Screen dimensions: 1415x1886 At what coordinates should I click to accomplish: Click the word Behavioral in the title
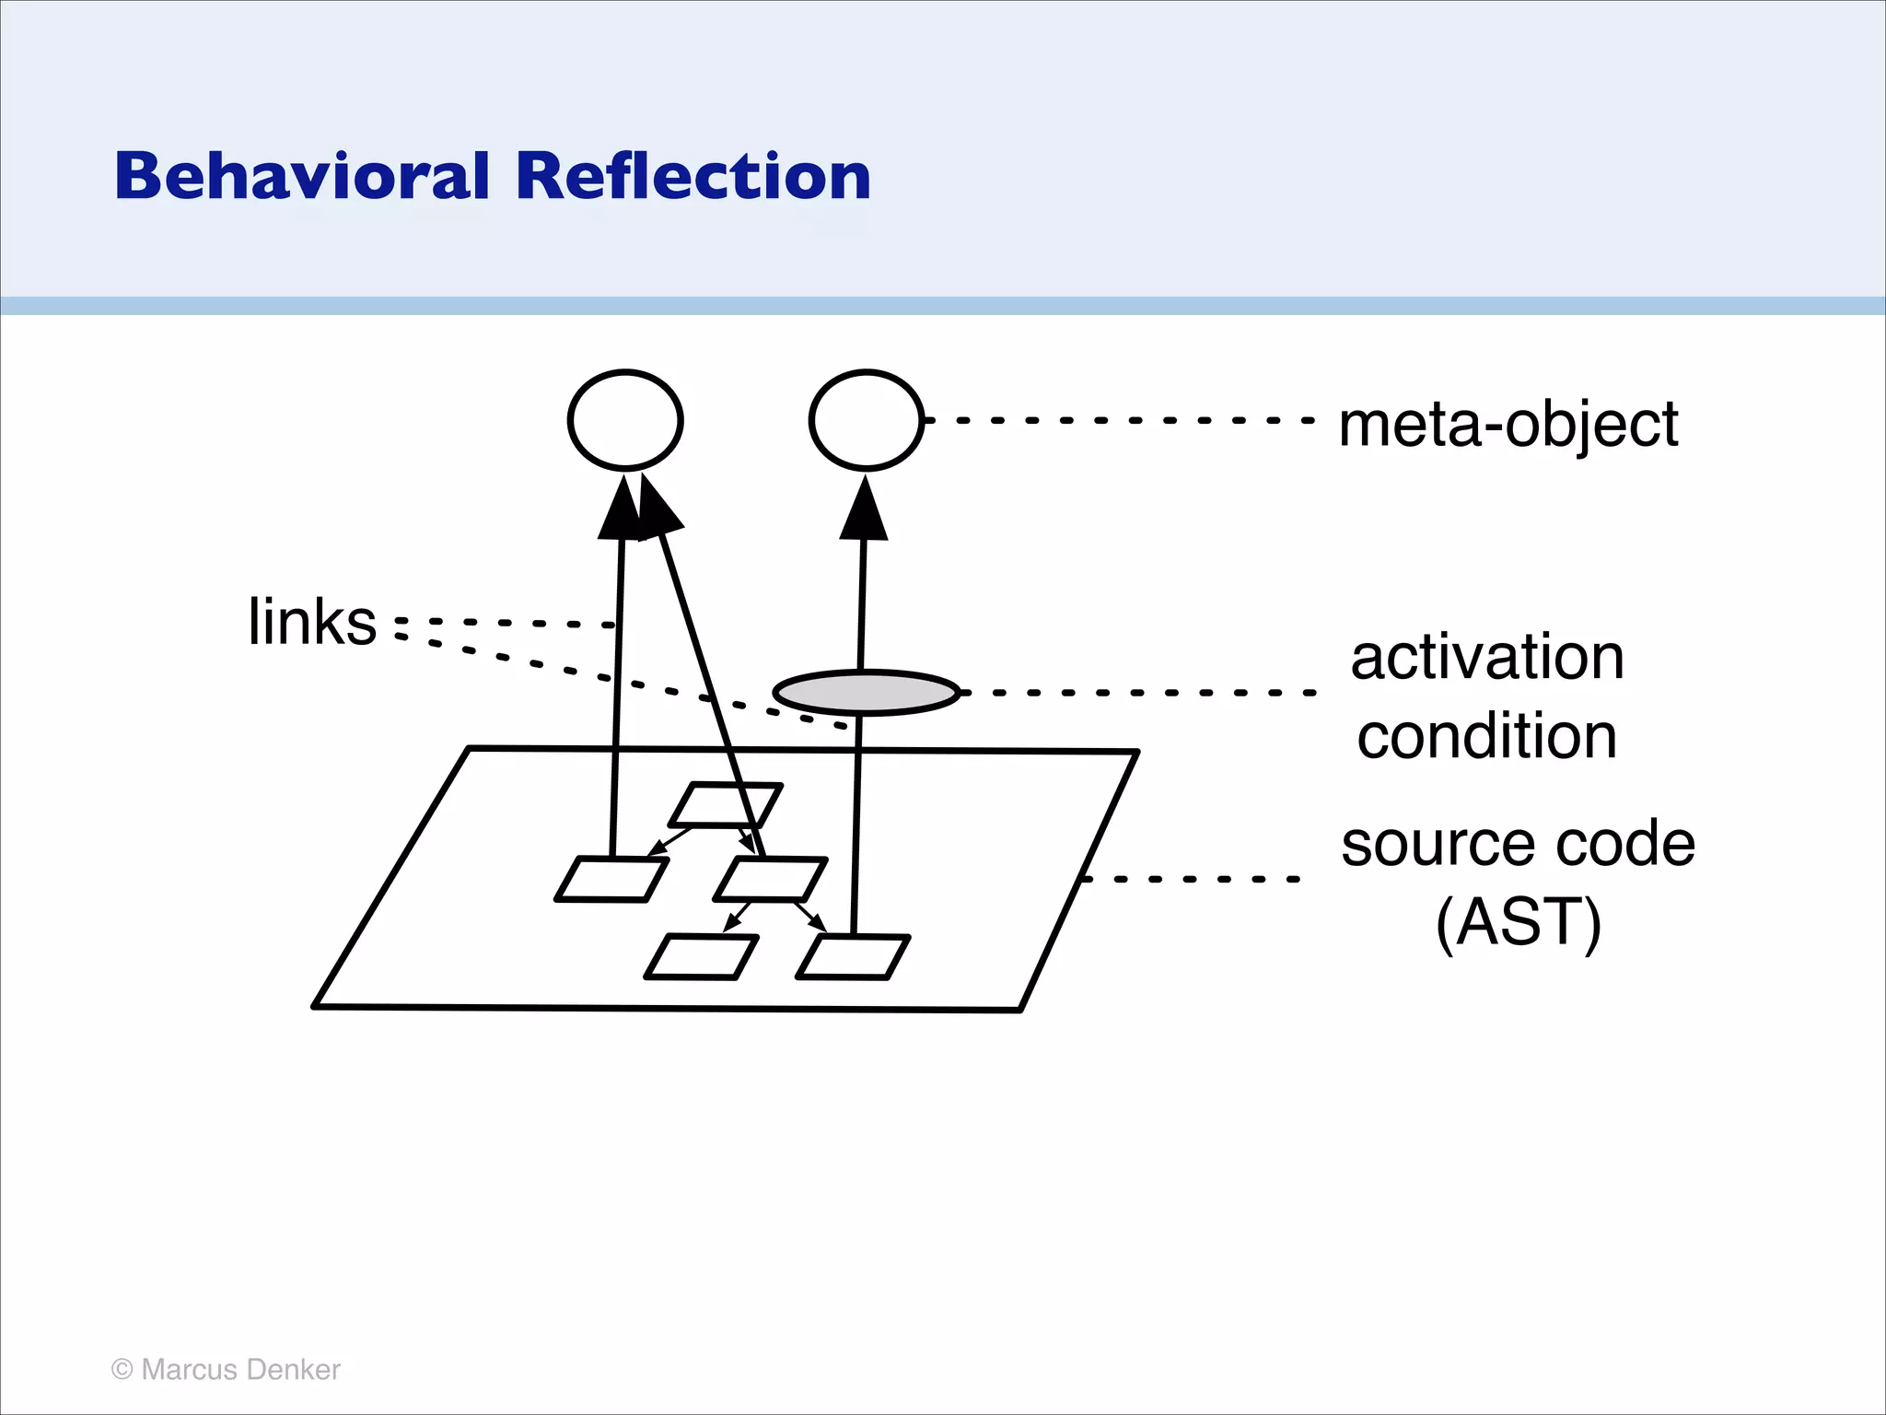[301, 176]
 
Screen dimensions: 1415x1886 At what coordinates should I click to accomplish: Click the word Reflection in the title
[693, 176]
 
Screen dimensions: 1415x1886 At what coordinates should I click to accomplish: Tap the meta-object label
[1508, 425]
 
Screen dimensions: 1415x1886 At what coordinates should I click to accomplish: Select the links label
[312, 622]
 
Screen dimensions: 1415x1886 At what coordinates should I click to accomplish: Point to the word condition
[1486, 736]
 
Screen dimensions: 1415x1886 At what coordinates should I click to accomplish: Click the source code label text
[1518, 844]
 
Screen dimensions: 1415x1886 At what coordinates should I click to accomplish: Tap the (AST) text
[1518, 922]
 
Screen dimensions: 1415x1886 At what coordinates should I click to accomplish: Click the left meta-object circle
[625, 420]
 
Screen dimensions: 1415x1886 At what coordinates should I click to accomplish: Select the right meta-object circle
[866, 420]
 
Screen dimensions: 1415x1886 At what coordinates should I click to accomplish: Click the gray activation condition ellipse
[867, 693]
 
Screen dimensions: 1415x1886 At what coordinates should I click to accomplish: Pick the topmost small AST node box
[726, 805]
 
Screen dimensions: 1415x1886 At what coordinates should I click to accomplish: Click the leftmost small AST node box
[611, 879]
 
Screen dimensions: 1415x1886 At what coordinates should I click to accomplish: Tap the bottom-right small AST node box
[853, 957]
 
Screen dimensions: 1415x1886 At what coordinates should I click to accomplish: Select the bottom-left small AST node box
[702, 957]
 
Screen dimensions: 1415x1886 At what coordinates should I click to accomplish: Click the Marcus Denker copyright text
[226, 1370]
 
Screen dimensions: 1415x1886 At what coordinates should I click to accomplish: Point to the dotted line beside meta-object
[1119, 420]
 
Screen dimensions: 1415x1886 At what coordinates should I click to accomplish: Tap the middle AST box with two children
[770, 879]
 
